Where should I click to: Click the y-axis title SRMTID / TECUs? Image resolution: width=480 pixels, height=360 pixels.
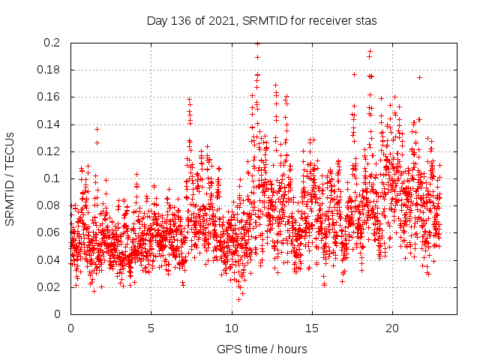(10, 178)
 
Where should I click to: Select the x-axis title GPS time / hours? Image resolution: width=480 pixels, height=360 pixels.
(262, 349)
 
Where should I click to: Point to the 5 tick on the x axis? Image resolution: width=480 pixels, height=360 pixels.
(151, 328)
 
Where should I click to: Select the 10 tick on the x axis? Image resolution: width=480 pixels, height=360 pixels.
(231, 328)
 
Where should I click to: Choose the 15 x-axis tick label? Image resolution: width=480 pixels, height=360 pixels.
(311, 328)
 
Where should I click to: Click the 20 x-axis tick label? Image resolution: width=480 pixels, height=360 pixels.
(391, 328)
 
